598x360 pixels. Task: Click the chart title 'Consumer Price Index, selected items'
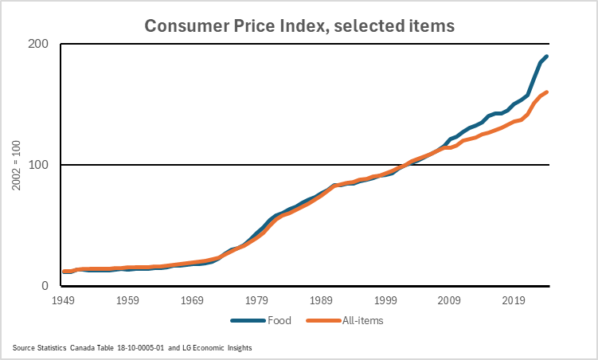(299, 25)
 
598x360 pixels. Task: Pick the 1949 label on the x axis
(64, 301)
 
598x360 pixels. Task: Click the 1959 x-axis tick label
(128, 301)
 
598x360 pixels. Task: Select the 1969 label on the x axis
(193, 301)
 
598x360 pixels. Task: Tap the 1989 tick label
(322, 301)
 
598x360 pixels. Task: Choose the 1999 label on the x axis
(385, 301)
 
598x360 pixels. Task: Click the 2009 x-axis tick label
(450, 301)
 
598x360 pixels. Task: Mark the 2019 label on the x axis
(514, 301)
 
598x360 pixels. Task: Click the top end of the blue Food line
(547, 57)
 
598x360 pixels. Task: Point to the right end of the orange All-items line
(547, 92)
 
